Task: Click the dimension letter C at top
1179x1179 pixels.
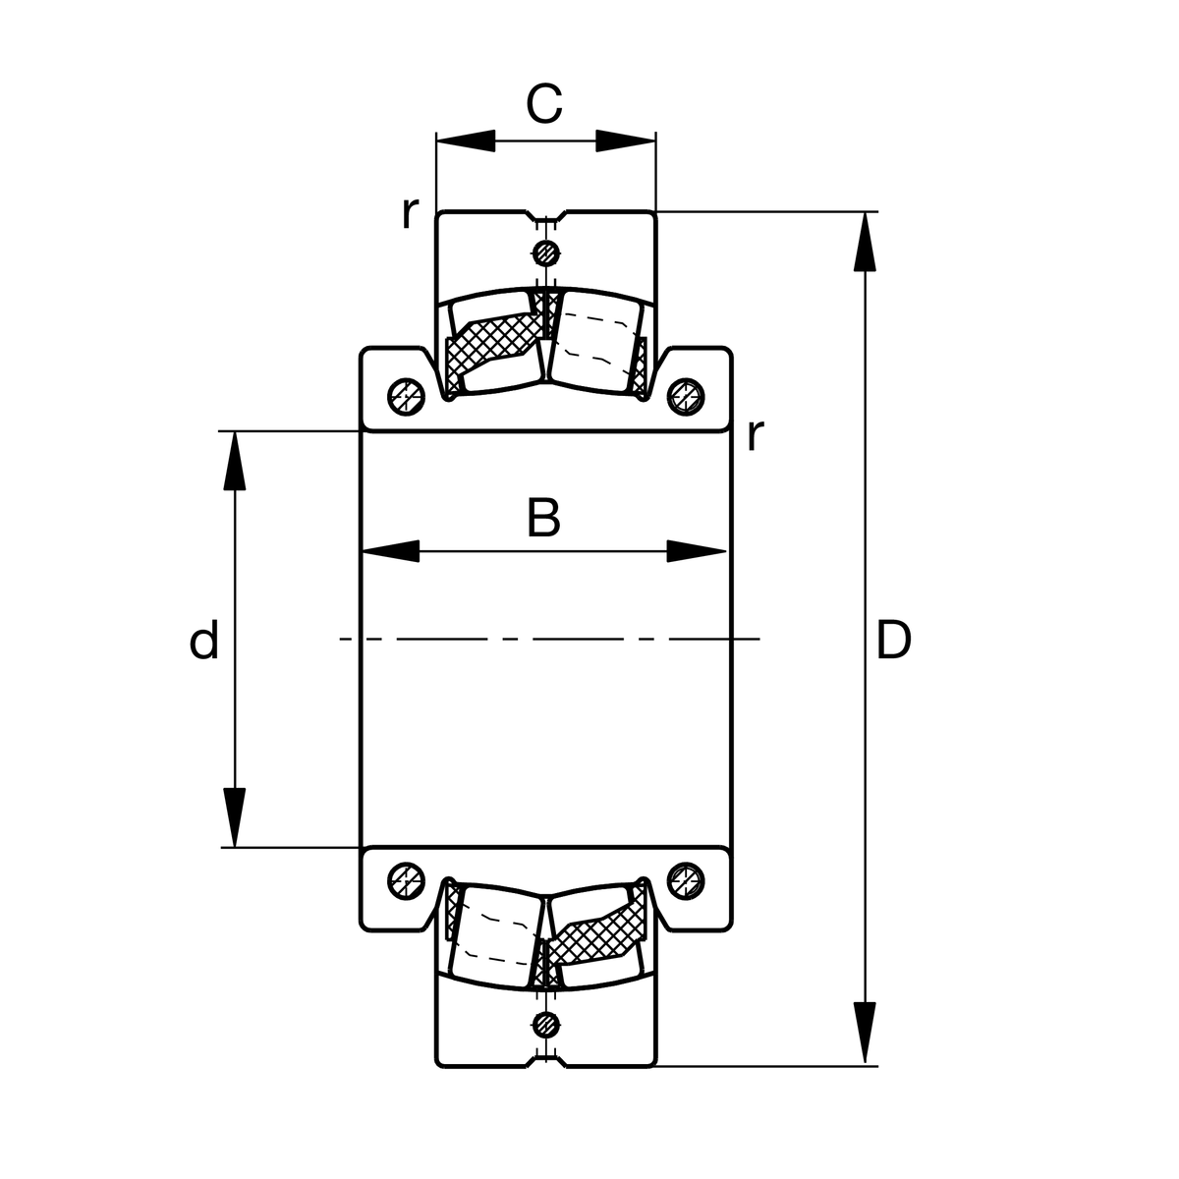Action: click(x=543, y=104)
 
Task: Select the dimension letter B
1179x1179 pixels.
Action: click(x=543, y=518)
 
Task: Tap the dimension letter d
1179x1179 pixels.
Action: click(x=203, y=642)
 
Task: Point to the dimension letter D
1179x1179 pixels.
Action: click(x=893, y=641)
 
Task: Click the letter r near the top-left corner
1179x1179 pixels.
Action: click(x=410, y=212)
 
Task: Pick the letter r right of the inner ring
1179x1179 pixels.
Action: click(x=754, y=434)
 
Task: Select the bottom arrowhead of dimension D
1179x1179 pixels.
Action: click(x=865, y=1037)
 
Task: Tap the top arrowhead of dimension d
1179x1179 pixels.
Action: click(x=235, y=460)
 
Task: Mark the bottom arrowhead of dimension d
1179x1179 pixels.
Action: click(x=235, y=817)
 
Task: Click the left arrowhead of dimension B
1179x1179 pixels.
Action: click(x=391, y=551)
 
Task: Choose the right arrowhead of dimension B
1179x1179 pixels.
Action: click(x=698, y=551)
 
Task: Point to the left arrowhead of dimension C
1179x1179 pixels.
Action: click(x=465, y=140)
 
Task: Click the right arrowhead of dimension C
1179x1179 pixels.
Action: click(x=626, y=140)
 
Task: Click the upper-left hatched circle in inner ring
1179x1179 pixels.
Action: click(x=405, y=395)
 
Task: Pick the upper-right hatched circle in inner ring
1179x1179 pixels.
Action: click(x=685, y=395)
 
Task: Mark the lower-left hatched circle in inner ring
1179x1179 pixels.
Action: click(x=405, y=880)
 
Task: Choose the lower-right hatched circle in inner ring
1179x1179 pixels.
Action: click(x=685, y=880)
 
